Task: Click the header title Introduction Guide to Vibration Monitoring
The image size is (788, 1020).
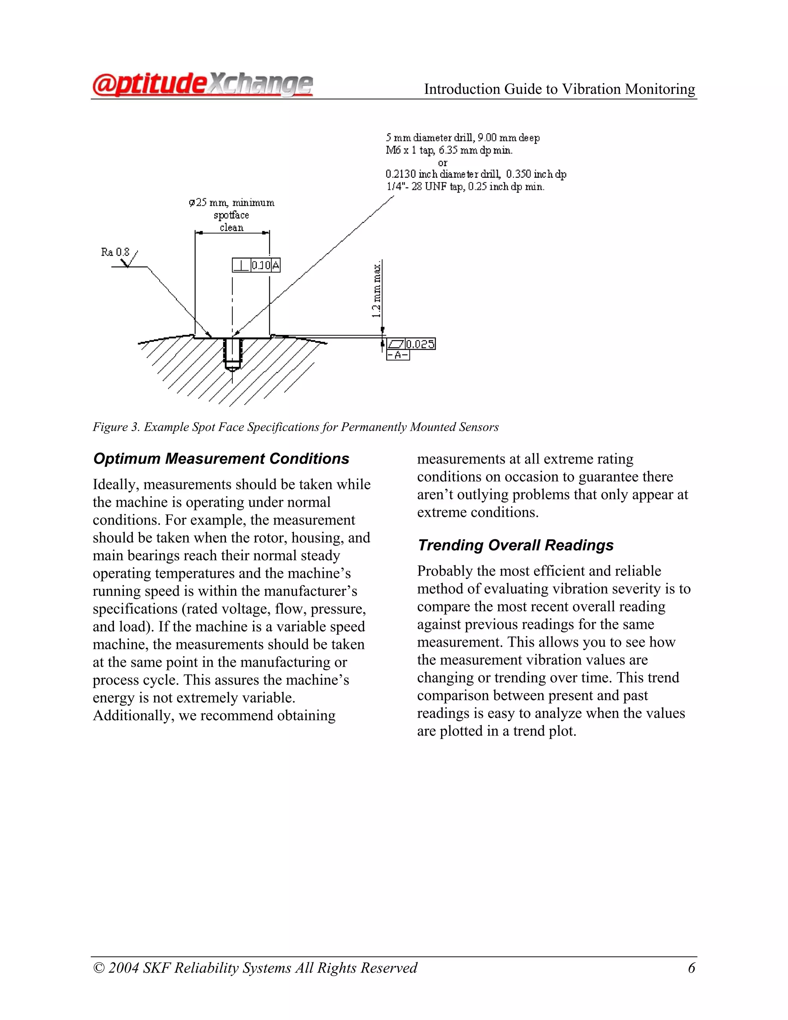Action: (559, 89)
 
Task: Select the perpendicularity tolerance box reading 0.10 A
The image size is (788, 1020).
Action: (256, 265)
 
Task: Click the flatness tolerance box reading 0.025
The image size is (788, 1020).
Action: (411, 344)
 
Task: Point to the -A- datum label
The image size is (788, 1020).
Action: (398, 355)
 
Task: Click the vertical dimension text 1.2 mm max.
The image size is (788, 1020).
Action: (377, 289)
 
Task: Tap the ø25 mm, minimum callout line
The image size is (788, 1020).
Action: (232, 203)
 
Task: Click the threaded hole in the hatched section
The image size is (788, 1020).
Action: (232, 353)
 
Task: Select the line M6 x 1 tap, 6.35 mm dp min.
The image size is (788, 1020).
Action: (449, 150)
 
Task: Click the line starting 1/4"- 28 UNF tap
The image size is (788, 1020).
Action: (465, 187)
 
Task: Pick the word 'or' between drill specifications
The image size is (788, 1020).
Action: (442, 162)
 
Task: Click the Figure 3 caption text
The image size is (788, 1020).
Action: (295, 427)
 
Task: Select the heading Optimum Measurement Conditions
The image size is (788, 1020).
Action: (221, 459)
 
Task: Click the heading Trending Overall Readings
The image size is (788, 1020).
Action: (515, 545)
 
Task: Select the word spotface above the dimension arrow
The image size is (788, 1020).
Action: (232, 215)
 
